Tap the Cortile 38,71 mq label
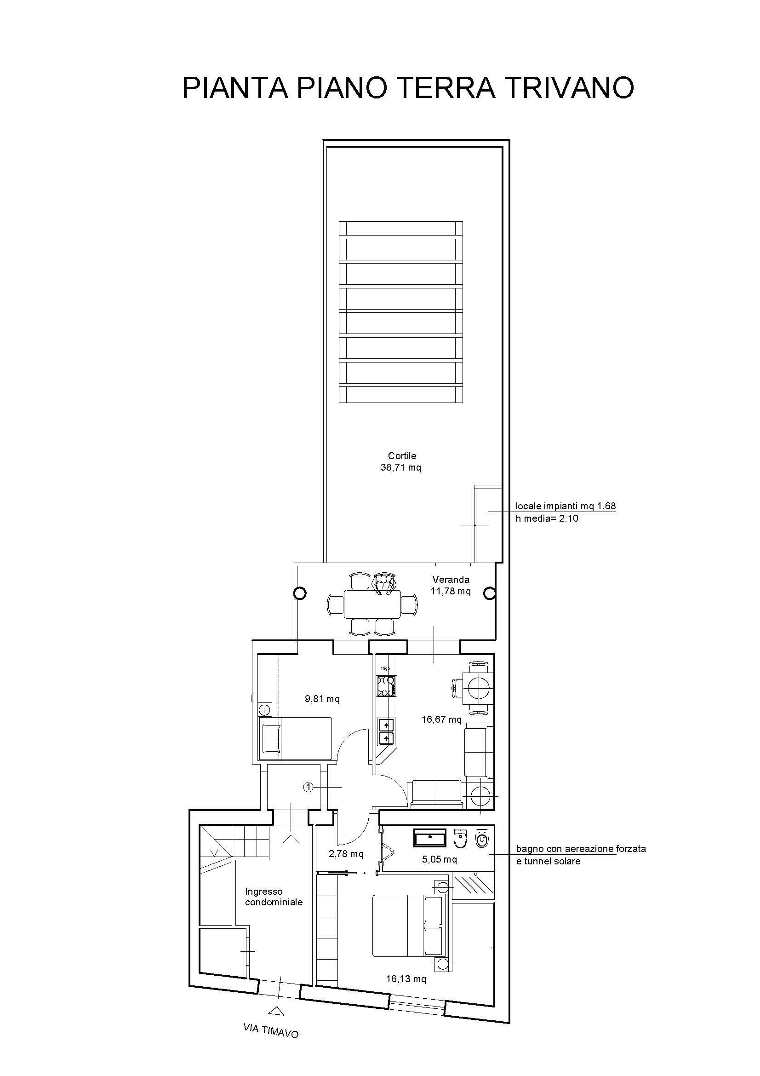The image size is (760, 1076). pos(402,461)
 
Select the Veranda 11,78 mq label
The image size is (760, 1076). pos(451,585)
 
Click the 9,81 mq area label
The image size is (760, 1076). pos(322,699)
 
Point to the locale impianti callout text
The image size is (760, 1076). pos(566,512)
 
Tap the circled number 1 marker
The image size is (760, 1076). pos(308,787)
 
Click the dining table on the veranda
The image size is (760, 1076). pos(373,604)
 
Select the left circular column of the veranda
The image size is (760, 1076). pos(300,594)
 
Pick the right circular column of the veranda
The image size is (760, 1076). pos(489,594)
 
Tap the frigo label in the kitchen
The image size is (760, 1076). pos(385,668)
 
